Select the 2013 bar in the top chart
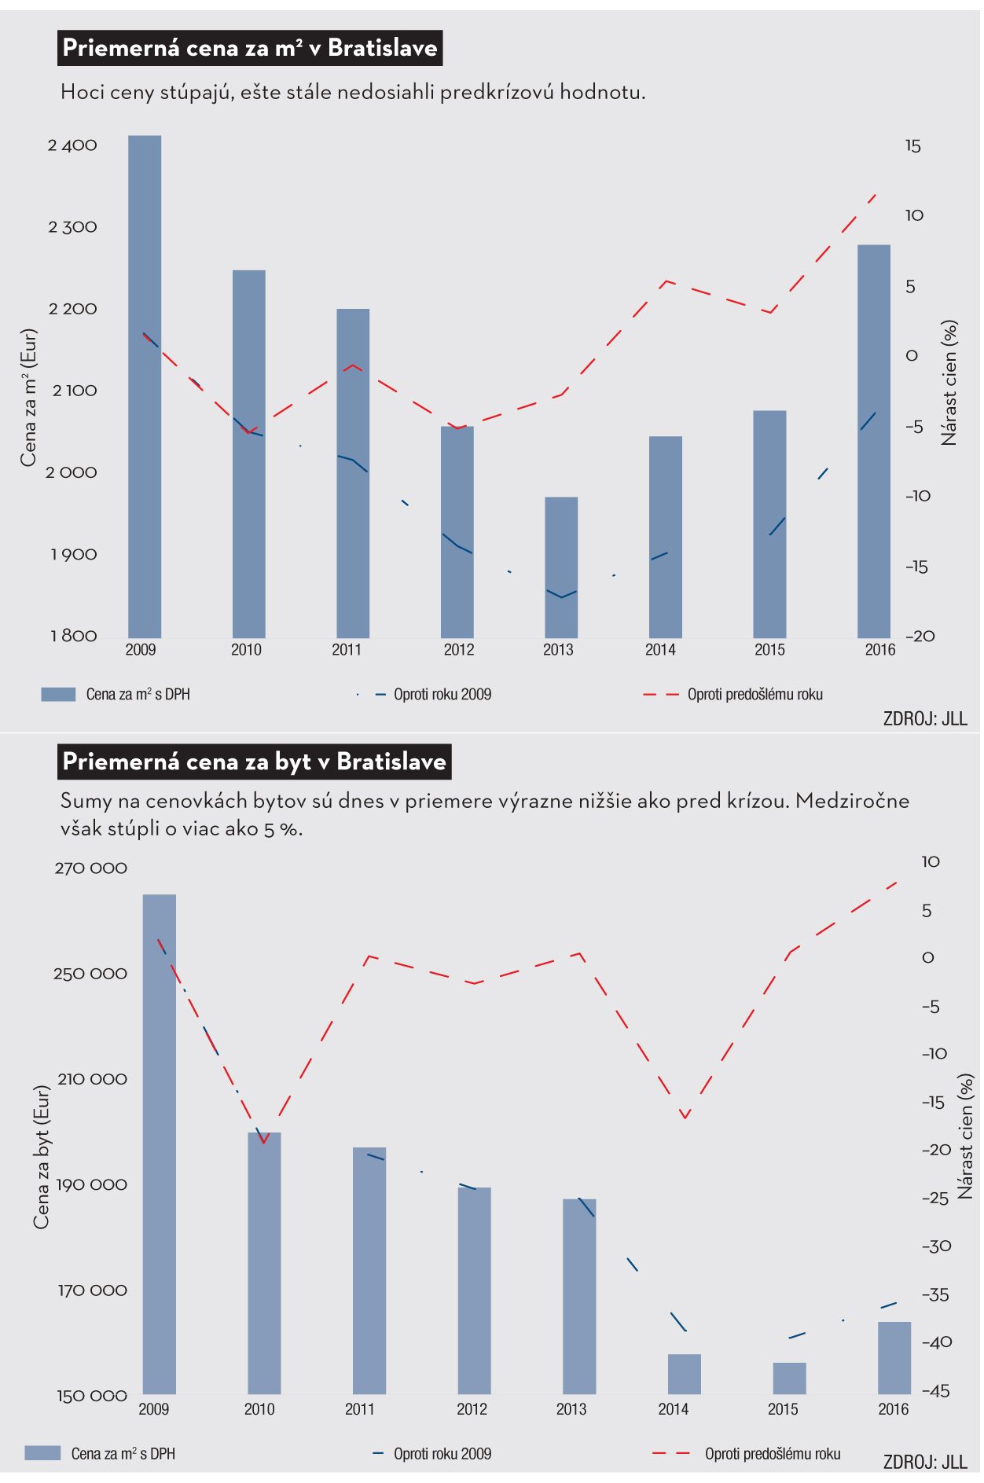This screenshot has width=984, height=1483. [561, 567]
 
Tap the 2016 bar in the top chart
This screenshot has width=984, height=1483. [873, 441]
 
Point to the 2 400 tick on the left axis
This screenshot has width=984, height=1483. [72, 145]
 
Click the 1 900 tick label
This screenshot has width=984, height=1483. [74, 555]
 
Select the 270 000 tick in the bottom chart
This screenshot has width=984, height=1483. [90, 868]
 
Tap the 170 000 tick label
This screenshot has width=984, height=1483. [92, 1290]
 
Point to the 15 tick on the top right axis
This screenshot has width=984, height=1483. [912, 146]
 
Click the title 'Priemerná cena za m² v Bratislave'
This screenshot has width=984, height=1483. [250, 48]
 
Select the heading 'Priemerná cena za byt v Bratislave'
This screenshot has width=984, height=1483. [255, 762]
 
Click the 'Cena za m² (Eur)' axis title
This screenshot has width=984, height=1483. [29, 397]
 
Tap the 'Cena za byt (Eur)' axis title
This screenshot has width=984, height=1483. [41, 1157]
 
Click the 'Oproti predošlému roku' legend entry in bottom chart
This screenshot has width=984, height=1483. [772, 1454]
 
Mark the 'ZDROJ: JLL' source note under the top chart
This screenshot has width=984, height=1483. [924, 718]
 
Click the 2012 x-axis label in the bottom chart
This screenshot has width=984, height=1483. [472, 1409]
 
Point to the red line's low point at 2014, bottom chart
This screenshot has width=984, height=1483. [685, 1117]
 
